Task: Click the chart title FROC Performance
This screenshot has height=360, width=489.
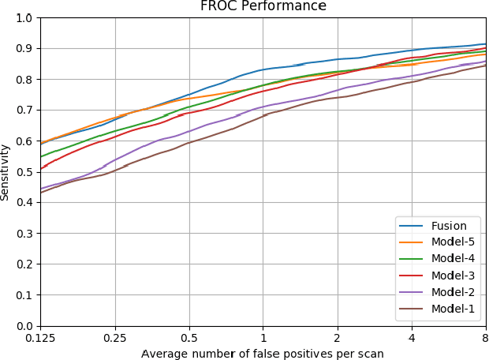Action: coord(263,7)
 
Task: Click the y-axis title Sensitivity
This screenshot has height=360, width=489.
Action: coord(6,171)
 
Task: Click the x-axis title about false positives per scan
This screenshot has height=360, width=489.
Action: coord(263,353)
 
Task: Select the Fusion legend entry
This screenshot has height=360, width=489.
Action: coord(454,225)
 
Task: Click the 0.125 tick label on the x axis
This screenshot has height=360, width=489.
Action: coord(40,337)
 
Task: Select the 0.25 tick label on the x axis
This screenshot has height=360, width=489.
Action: coord(115,337)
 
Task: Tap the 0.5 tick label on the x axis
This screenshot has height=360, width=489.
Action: coord(189,337)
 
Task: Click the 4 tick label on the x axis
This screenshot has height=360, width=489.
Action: coord(412,337)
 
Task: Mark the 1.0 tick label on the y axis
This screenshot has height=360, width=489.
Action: coord(25,17)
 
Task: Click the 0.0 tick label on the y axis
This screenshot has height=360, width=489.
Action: coord(25,326)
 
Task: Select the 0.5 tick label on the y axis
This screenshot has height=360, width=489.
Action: coord(25,172)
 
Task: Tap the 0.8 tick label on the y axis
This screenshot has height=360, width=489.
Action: coord(25,79)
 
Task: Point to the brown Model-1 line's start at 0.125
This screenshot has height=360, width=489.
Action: coord(41,193)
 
